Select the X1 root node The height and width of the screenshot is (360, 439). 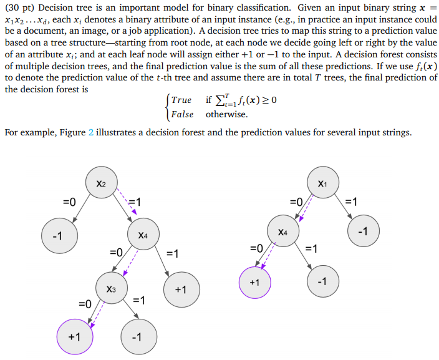click(x=322, y=183)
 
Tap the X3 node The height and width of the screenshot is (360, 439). click(x=111, y=289)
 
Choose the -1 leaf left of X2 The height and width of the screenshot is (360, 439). click(x=57, y=236)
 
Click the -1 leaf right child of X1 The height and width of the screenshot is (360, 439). click(x=364, y=231)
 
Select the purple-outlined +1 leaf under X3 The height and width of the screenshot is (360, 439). click(x=74, y=336)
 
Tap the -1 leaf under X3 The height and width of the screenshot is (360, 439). click(x=137, y=336)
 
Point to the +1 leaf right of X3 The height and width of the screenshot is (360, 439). click(x=180, y=289)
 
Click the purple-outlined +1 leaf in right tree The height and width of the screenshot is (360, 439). click(x=254, y=282)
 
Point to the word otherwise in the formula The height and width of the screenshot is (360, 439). click(x=226, y=114)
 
